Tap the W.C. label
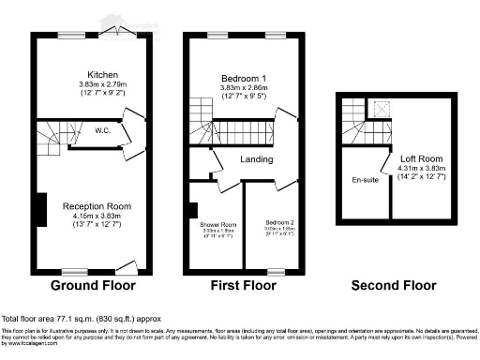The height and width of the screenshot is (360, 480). click(x=103, y=131)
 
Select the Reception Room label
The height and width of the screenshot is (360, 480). click(x=97, y=205)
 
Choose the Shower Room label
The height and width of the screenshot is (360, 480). click(x=217, y=225)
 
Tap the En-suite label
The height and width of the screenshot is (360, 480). click(x=365, y=179)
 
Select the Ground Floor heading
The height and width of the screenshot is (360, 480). click(x=93, y=285)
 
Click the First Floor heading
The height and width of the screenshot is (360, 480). click(x=245, y=285)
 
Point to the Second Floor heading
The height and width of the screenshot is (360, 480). click(x=393, y=285)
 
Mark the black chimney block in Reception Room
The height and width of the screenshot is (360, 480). click(x=40, y=206)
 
